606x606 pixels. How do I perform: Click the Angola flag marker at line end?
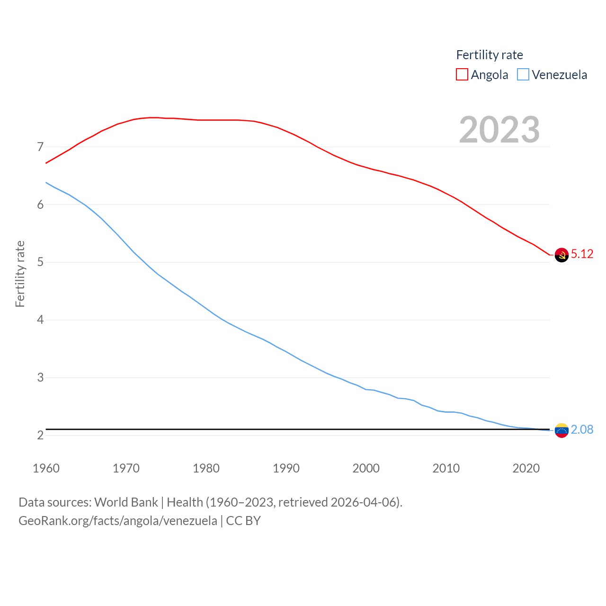click(x=561, y=255)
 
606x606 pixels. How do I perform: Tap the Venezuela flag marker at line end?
click(x=561, y=430)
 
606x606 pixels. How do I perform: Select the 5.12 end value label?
click(x=582, y=254)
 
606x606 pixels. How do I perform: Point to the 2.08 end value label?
click(x=582, y=429)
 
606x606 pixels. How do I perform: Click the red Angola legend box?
click(x=462, y=75)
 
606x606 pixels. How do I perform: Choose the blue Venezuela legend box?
click(x=523, y=75)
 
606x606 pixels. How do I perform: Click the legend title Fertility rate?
click(x=490, y=55)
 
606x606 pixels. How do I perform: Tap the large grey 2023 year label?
click(x=499, y=130)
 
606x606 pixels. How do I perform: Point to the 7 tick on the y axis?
click(x=40, y=147)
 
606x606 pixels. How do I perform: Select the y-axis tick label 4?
click(x=40, y=320)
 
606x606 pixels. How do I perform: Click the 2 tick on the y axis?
click(x=40, y=435)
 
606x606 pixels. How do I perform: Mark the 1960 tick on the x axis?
click(x=46, y=468)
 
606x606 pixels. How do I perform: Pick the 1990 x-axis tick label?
click(x=286, y=468)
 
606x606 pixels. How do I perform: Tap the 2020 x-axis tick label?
click(x=526, y=468)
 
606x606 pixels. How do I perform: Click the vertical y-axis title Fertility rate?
click(x=20, y=274)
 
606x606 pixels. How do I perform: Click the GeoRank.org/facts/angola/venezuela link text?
click(x=118, y=521)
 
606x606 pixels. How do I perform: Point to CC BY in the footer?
click(x=243, y=521)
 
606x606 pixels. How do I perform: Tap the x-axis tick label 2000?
click(x=366, y=468)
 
